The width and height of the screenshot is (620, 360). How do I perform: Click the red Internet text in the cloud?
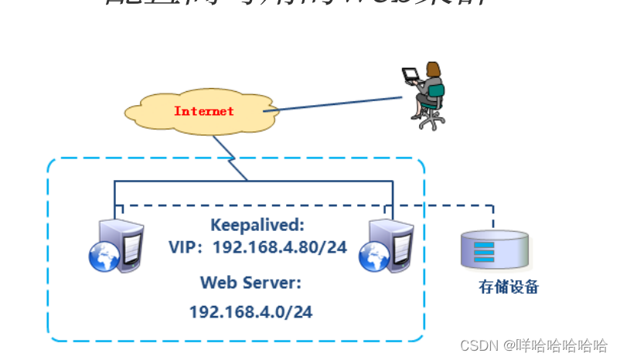tap(203, 111)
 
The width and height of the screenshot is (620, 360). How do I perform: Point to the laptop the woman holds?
tap(410, 76)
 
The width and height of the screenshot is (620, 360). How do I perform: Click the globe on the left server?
tap(104, 257)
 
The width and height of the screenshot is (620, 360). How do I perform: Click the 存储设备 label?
tap(508, 288)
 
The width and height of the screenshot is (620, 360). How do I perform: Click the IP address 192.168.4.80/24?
tap(279, 247)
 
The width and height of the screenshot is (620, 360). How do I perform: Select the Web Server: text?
tap(250, 282)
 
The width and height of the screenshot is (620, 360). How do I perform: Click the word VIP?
tap(184, 247)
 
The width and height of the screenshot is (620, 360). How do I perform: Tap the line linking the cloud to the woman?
tap(332, 104)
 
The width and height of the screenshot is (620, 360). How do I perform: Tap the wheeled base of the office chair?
tap(429, 122)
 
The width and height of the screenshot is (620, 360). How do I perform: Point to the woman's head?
tap(433, 68)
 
